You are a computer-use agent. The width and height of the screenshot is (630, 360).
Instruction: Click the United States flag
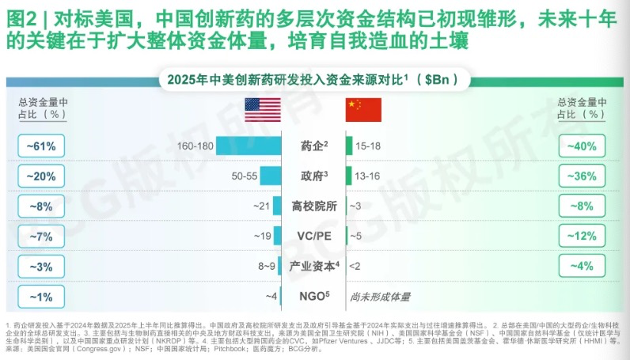(262, 110)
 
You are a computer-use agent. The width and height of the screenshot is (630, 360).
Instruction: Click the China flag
(363, 110)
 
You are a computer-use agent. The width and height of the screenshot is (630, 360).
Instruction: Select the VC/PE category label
(315, 236)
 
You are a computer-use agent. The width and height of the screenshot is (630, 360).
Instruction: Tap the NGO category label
(315, 297)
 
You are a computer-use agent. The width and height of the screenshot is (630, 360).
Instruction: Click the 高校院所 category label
(315, 207)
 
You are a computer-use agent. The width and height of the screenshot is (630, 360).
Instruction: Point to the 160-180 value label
(196, 146)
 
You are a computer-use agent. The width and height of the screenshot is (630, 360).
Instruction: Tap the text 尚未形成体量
(383, 297)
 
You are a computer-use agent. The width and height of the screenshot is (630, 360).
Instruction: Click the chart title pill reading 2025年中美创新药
(315, 79)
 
